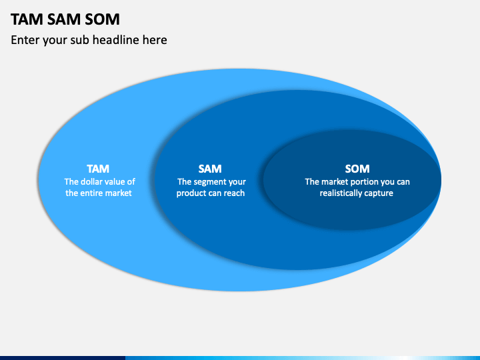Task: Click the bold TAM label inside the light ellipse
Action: click(x=98, y=169)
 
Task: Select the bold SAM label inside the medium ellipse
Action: click(x=210, y=169)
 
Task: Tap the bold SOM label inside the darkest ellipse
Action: click(x=357, y=169)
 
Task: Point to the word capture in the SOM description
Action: click(x=381, y=193)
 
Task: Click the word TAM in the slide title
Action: click(x=27, y=19)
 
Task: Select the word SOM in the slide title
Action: click(x=102, y=19)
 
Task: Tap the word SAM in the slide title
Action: click(x=64, y=19)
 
